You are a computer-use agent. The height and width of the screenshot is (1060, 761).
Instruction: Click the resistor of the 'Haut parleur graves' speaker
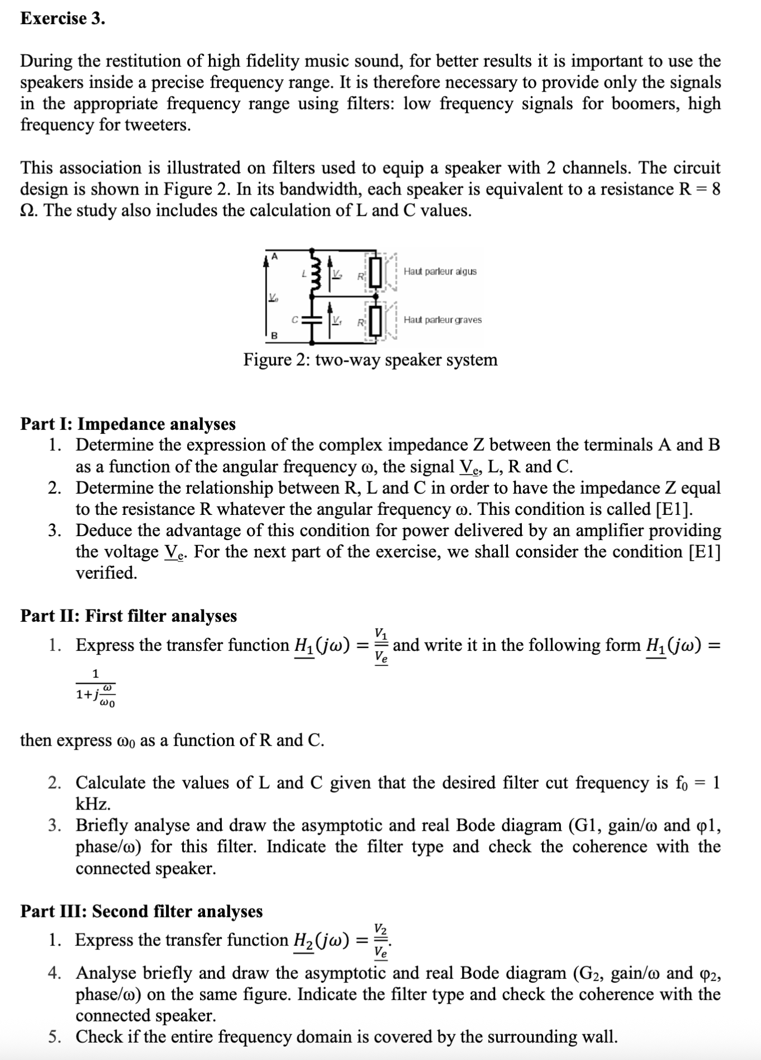[375, 320]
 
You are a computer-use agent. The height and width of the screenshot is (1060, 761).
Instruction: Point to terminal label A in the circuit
[273, 256]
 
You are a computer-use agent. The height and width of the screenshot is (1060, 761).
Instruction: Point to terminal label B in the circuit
[273, 335]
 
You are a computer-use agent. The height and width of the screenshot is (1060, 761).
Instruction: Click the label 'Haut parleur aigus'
[440, 272]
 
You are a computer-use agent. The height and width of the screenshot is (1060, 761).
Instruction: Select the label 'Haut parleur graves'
[443, 320]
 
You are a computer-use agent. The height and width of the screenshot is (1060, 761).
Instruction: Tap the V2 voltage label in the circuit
[337, 274]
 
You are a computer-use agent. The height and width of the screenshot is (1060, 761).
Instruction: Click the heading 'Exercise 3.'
[63, 19]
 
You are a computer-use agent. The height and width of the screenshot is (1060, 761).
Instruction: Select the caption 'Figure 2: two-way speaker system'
[370, 359]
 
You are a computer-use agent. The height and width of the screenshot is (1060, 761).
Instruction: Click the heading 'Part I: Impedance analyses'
[128, 424]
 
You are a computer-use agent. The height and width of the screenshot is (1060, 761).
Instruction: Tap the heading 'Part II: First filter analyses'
[129, 616]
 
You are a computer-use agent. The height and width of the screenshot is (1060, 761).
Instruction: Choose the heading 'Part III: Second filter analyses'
[141, 911]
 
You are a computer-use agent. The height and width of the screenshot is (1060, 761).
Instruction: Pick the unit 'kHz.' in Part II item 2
[93, 804]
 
